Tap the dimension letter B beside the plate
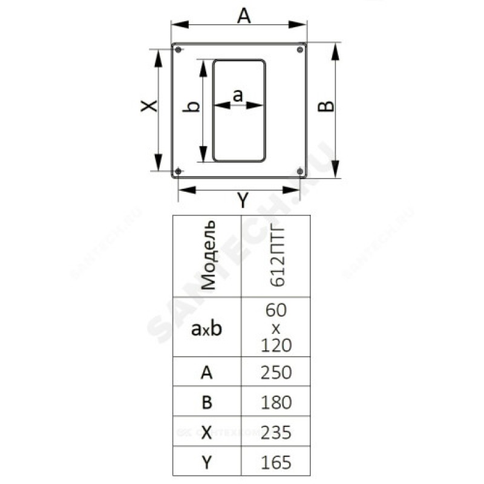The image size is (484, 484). pos(326,106)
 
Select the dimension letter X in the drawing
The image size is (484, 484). pos(149,106)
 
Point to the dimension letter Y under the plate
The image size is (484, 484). pos(243,200)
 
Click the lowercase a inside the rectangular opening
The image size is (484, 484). pos(238,96)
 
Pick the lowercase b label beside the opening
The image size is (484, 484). pos(191,107)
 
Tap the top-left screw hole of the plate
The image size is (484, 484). pos(178,50)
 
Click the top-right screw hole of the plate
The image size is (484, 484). pos(299,50)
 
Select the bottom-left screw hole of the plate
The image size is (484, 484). pos(178,171)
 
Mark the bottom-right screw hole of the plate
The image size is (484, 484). pos(299,171)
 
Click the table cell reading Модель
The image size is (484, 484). pos(208,255)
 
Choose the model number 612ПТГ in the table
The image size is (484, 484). pos(277,257)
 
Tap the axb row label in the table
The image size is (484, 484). pos(206,329)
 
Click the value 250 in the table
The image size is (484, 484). pos(276,373)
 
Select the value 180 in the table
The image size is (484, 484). pos(276,402)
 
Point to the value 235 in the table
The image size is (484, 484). pos(276,433)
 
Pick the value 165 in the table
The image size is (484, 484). pos(276,462)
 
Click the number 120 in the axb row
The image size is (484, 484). pos(276,345)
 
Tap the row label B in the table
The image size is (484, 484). pos(207,402)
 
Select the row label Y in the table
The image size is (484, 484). pos(207,462)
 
